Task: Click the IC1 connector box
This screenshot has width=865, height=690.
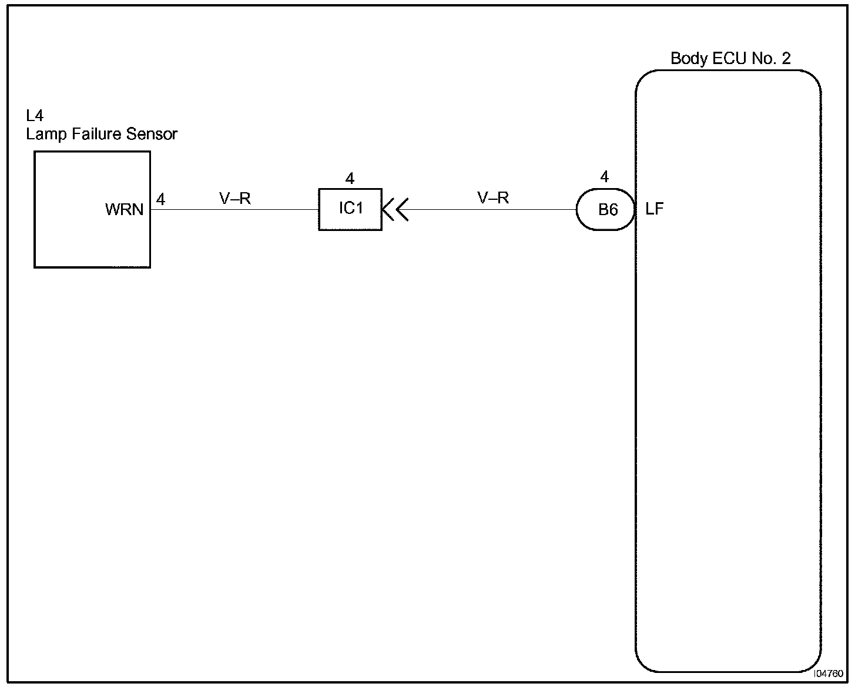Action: coord(350,209)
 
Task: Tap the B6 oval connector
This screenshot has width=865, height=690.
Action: coord(606,210)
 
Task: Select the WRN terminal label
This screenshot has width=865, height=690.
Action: coord(124,210)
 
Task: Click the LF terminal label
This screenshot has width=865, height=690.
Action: coord(654,209)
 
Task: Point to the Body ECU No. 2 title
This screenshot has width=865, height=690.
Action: coord(730,59)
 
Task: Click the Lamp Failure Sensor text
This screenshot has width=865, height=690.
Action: coord(102,135)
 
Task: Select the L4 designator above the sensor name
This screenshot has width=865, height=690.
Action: coord(35,116)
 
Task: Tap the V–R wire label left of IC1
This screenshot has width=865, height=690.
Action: coord(235,199)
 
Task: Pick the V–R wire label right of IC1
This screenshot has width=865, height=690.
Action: coord(493,198)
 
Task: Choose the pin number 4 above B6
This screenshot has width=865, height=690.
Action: coord(605,176)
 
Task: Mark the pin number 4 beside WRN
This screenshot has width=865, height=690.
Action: coord(160,200)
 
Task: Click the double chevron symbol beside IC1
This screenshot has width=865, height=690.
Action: coord(395,209)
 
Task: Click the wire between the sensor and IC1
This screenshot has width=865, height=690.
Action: coord(235,209)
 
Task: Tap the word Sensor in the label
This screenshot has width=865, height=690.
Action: coord(155,135)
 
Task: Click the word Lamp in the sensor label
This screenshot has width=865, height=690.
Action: coord(46,135)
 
